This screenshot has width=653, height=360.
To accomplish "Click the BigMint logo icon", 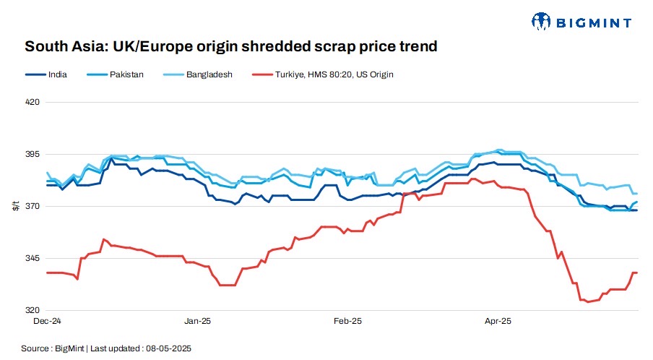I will coord(542,22).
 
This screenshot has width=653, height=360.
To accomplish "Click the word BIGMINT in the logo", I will coord(592,22).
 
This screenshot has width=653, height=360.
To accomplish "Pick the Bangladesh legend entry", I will coord(207,74).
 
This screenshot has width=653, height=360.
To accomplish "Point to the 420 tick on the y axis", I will coord(32,103).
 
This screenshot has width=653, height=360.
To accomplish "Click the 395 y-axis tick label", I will coord(32,155).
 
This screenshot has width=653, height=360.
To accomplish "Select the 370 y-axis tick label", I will coord(32,207).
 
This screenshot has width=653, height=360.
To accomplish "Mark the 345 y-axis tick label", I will coord(32,259).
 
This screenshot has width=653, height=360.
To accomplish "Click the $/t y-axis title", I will coord(16,206).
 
